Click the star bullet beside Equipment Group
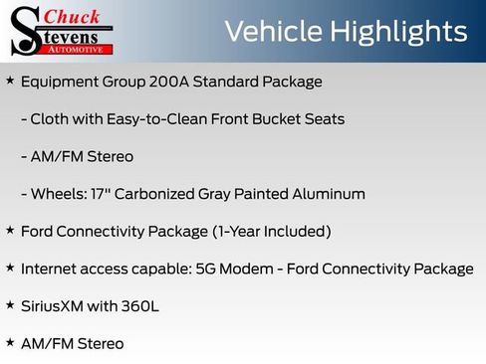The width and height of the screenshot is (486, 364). coord(10,81)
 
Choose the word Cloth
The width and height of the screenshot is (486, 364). coord(51,119)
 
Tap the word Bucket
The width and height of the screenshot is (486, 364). coord(272,119)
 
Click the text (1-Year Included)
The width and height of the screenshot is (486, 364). coord(271,232)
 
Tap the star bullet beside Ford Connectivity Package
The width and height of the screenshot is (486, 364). coord(10,231)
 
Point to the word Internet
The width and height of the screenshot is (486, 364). coord(50,269)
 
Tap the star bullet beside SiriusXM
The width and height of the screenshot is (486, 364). coord(10,305)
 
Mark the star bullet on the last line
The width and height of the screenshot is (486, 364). coord(10,343)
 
